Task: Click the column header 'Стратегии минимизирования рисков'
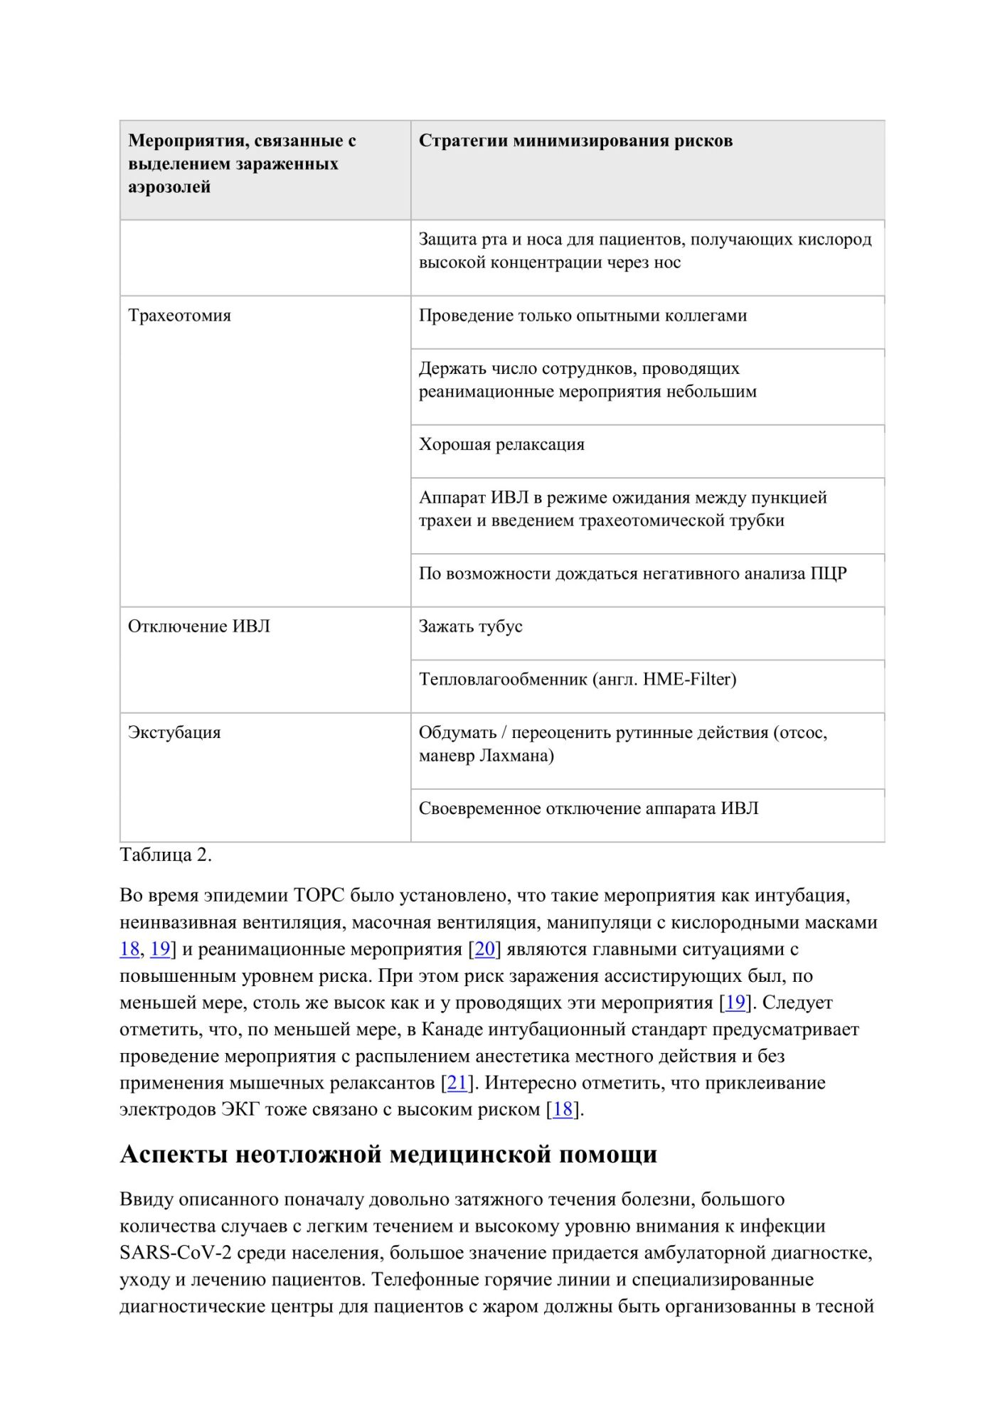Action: click(x=575, y=141)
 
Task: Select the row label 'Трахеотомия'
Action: click(x=179, y=316)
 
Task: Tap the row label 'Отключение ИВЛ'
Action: click(x=198, y=626)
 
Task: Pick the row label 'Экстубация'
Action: click(x=174, y=732)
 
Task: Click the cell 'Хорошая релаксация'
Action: click(x=501, y=444)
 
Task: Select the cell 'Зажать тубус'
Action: click(x=470, y=626)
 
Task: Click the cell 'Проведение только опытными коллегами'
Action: click(x=583, y=316)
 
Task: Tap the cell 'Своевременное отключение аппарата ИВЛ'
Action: click(x=588, y=808)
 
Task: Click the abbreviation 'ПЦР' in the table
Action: click(x=829, y=574)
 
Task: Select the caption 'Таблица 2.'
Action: click(x=166, y=855)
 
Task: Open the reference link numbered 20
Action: click(x=484, y=949)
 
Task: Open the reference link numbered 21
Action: click(x=457, y=1083)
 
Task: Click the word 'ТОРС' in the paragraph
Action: click(x=319, y=896)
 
